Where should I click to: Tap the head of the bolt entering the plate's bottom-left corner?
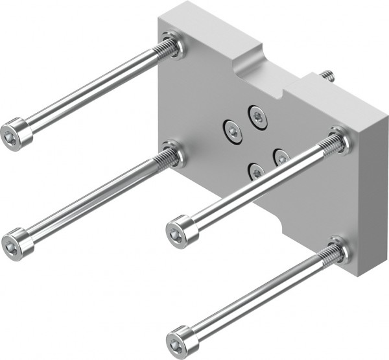(x=18, y=243)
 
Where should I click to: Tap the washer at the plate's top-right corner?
(x=340, y=139)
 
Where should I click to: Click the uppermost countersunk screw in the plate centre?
(x=257, y=117)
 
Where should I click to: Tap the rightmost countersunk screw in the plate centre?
(x=281, y=157)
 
